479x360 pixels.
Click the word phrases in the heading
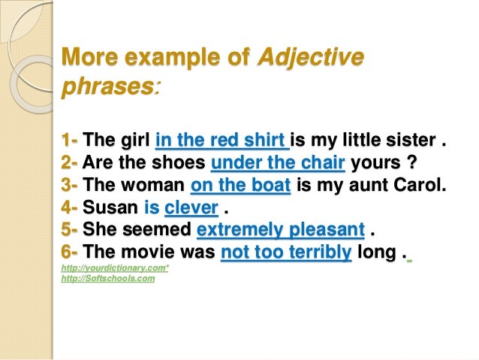tap(107, 88)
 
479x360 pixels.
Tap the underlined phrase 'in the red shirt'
tap(221, 141)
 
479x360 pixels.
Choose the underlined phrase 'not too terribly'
tap(286, 253)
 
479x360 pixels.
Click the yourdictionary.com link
tap(115, 268)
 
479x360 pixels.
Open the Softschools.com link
tap(108, 279)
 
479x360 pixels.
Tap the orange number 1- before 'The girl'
tap(70, 141)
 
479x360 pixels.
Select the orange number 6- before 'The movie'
tap(71, 253)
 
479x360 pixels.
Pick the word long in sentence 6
tap(375, 253)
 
